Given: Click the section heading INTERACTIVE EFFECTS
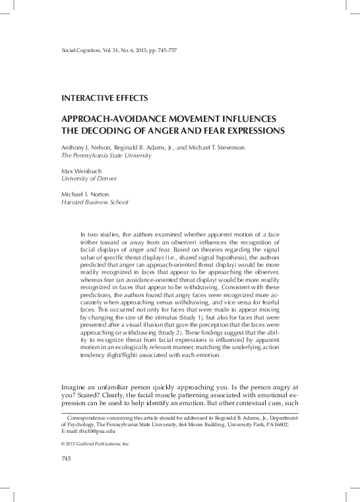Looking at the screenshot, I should coord(104,98).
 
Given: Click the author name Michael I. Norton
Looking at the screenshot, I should coord(84,194).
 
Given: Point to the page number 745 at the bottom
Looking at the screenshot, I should coord(66,457).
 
